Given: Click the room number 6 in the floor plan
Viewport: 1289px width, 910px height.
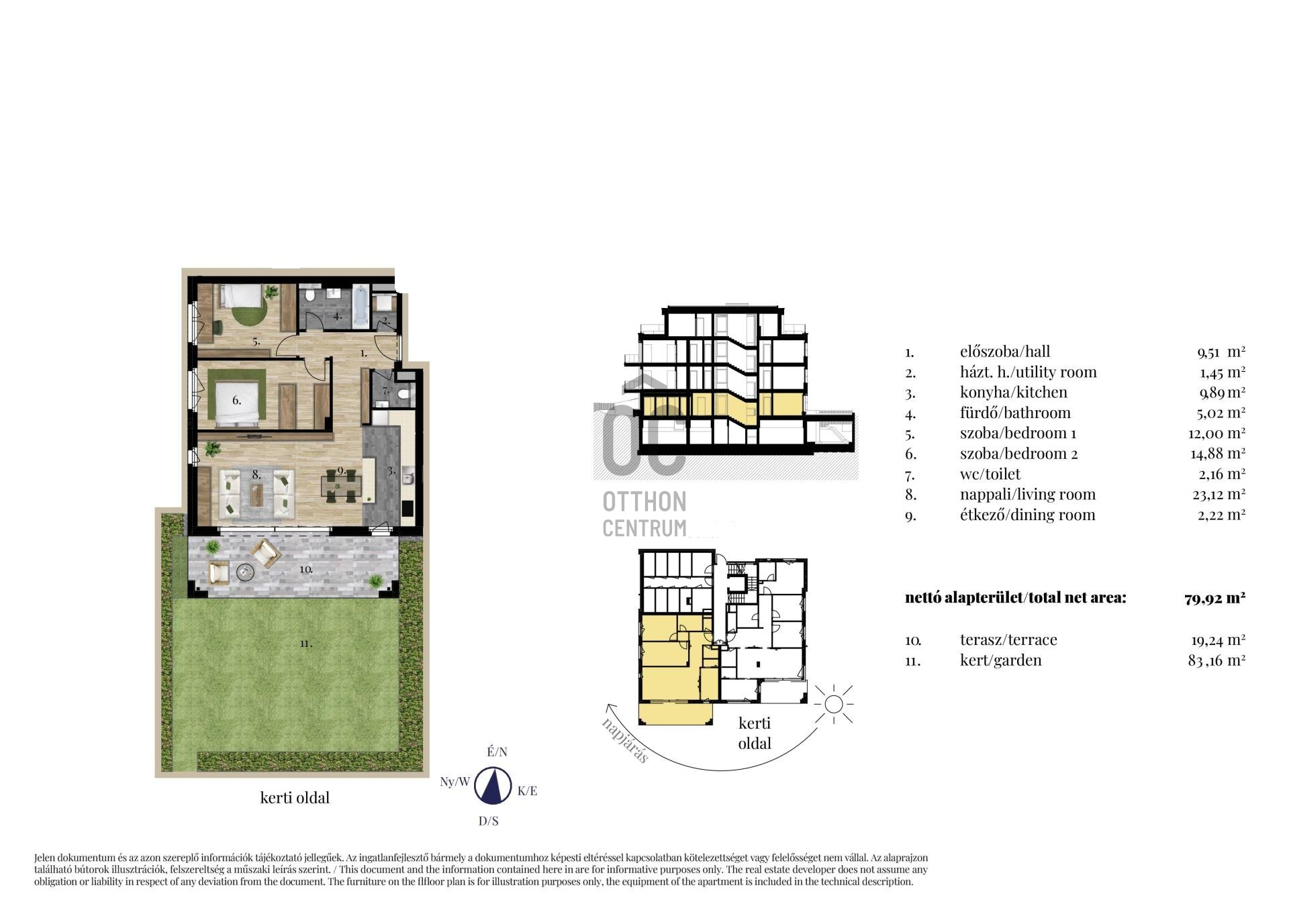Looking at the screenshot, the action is click(x=236, y=401).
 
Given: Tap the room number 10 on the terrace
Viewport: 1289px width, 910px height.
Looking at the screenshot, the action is click(x=306, y=569).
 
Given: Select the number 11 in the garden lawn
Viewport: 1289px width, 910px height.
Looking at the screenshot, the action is click(x=306, y=644).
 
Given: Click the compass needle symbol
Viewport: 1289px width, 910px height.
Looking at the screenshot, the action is click(x=493, y=785).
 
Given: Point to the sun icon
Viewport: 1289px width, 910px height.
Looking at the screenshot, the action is click(x=833, y=704).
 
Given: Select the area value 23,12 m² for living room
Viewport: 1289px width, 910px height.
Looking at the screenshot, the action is click(x=1218, y=495).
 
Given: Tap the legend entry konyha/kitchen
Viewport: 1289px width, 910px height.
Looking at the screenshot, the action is click(x=1013, y=393).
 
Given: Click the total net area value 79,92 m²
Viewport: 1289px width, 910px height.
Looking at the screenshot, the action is click(x=1215, y=598).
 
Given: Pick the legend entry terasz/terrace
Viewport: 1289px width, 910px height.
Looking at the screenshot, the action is click(x=1008, y=640).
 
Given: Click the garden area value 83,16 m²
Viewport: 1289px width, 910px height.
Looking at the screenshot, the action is click(x=1216, y=660).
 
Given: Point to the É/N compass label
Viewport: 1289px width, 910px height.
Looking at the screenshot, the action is click(x=497, y=752).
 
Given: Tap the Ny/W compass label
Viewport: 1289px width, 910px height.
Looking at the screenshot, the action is click(x=455, y=782).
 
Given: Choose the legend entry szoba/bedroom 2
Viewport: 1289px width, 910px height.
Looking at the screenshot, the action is click(x=1018, y=454).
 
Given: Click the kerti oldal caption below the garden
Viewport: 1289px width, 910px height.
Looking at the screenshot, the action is click(x=295, y=798).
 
